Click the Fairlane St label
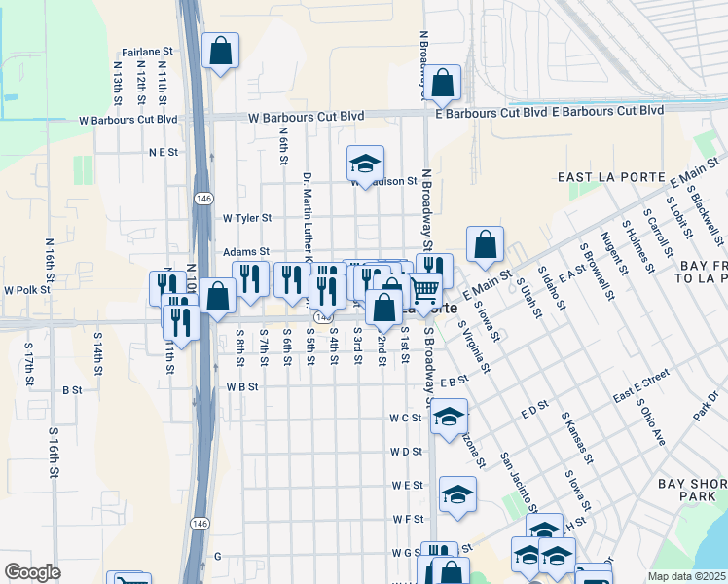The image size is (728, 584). pos(147,52)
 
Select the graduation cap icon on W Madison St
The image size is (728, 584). pos(365,164)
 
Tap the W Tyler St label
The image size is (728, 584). pos(247,219)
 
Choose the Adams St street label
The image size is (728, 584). pos(245,251)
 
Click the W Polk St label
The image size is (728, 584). pos(26,290)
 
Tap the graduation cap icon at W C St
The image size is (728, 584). pos(449,417)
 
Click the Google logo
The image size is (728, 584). pos(32,572)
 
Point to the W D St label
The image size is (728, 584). pos(406,452)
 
